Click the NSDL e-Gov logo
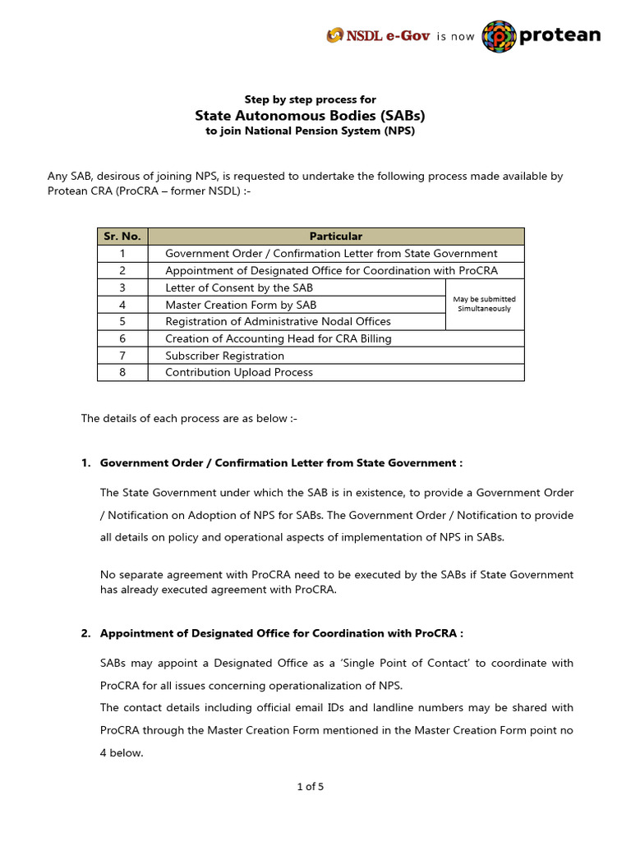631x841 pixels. click(378, 36)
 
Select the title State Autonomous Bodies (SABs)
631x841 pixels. click(310, 115)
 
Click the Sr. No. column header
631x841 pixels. click(122, 237)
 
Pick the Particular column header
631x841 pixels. click(335, 237)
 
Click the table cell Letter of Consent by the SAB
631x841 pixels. click(239, 287)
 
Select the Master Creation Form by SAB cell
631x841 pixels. click(241, 305)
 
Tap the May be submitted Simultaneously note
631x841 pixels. click(484, 304)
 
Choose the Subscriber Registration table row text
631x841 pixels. click(224, 356)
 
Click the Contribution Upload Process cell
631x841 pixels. click(239, 372)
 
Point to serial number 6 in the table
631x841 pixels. click(122, 338)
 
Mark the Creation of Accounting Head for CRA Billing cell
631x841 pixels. click(278, 338)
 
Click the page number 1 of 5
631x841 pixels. click(310, 787)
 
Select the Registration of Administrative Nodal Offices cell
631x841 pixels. click(278, 321)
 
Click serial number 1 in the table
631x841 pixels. click(122, 254)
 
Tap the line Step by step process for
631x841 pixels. click(310, 99)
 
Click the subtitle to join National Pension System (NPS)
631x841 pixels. click(310, 131)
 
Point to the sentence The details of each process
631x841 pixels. click(188, 418)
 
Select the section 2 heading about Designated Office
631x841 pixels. click(281, 633)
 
